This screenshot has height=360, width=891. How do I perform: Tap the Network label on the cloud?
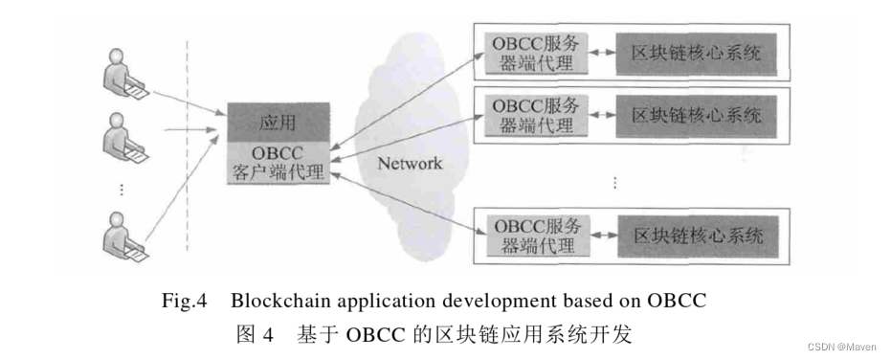[x=410, y=163]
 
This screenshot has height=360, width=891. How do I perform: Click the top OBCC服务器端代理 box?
[x=534, y=55]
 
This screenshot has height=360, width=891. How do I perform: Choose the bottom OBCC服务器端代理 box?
[x=535, y=236]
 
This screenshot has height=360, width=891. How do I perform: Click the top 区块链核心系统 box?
[x=696, y=54]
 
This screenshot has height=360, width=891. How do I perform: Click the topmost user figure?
[x=122, y=78]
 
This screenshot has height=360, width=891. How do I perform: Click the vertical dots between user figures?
[x=122, y=189]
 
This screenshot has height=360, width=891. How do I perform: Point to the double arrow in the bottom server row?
[x=605, y=236]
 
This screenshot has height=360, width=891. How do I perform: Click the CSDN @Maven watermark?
[x=842, y=345]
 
